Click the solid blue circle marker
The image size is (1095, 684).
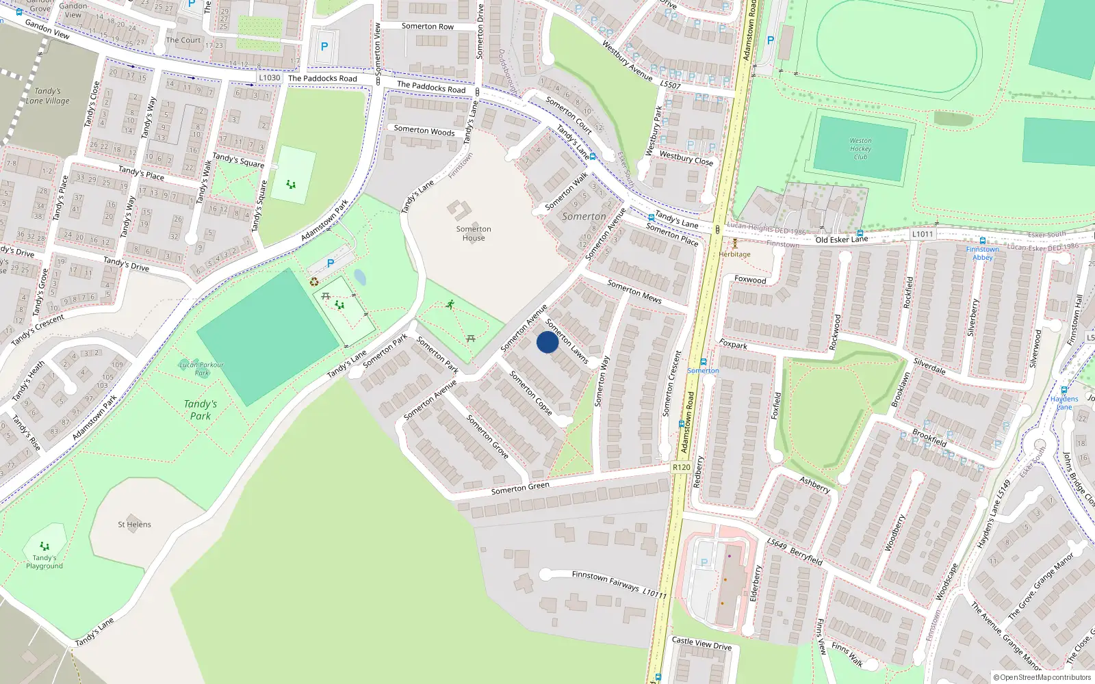pyautogui.click(x=547, y=342)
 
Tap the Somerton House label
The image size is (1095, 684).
pyautogui.click(x=474, y=233)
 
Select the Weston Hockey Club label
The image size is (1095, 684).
pyautogui.click(x=860, y=148)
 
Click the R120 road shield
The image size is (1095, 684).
pyautogui.click(x=681, y=467)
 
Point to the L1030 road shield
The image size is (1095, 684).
pyautogui.click(x=270, y=78)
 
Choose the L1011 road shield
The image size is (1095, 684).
pyautogui.click(x=922, y=234)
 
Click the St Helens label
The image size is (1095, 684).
pyautogui.click(x=134, y=525)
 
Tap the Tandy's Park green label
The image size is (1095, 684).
pyautogui.click(x=201, y=410)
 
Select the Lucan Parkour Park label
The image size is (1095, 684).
pyautogui.click(x=201, y=369)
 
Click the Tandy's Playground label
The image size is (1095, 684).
pyautogui.click(x=44, y=562)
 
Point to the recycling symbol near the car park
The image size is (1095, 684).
pyautogui.click(x=314, y=281)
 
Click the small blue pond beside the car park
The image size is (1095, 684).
pyautogui.click(x=360, y=277)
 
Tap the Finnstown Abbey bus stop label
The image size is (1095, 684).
pyautogui.click(x=982, y=253)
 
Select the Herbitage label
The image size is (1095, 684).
pyautogui.click(x=734, y=254)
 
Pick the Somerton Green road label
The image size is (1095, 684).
pyautogui.click(x=520, y=488)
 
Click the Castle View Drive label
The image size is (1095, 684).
pyautogui.click(x=701, y=643)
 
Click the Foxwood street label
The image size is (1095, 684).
pyautogui.click(x=750, y=280)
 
